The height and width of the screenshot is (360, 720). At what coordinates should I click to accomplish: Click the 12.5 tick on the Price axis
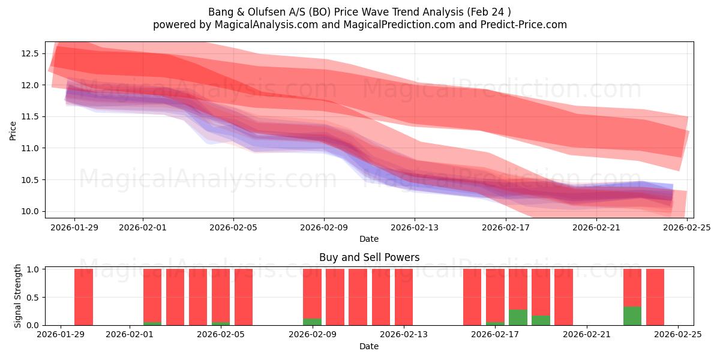(x=31, y=53)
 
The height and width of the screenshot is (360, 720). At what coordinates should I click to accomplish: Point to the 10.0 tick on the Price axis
(x=31, y=211)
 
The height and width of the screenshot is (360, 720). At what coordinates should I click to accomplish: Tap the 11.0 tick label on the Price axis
(x=31, y=148)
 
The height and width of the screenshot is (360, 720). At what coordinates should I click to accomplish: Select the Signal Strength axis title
(x=18, y=296)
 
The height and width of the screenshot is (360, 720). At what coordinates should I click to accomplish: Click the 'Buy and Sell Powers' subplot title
(x=369, y=257)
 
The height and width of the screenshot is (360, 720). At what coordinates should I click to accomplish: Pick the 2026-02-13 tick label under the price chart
(x=415, y=227)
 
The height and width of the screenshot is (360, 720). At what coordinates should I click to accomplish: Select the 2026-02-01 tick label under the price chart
(x=143, y=227)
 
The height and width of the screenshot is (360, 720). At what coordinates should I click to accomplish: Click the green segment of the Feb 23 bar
(x=632, y=316)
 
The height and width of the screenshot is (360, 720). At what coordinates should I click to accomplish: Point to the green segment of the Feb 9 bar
(x=312, y=322)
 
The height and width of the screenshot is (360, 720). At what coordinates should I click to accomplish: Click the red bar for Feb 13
(x=404, y=297)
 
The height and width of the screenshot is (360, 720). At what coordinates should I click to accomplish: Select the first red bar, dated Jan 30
(x=83, y=297)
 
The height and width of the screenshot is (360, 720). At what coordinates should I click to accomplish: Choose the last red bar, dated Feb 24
(x=655, y=297)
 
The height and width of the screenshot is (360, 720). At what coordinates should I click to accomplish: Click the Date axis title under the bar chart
(x=369, y=346)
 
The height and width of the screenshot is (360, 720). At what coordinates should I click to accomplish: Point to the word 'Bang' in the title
(x=220, y=12)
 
